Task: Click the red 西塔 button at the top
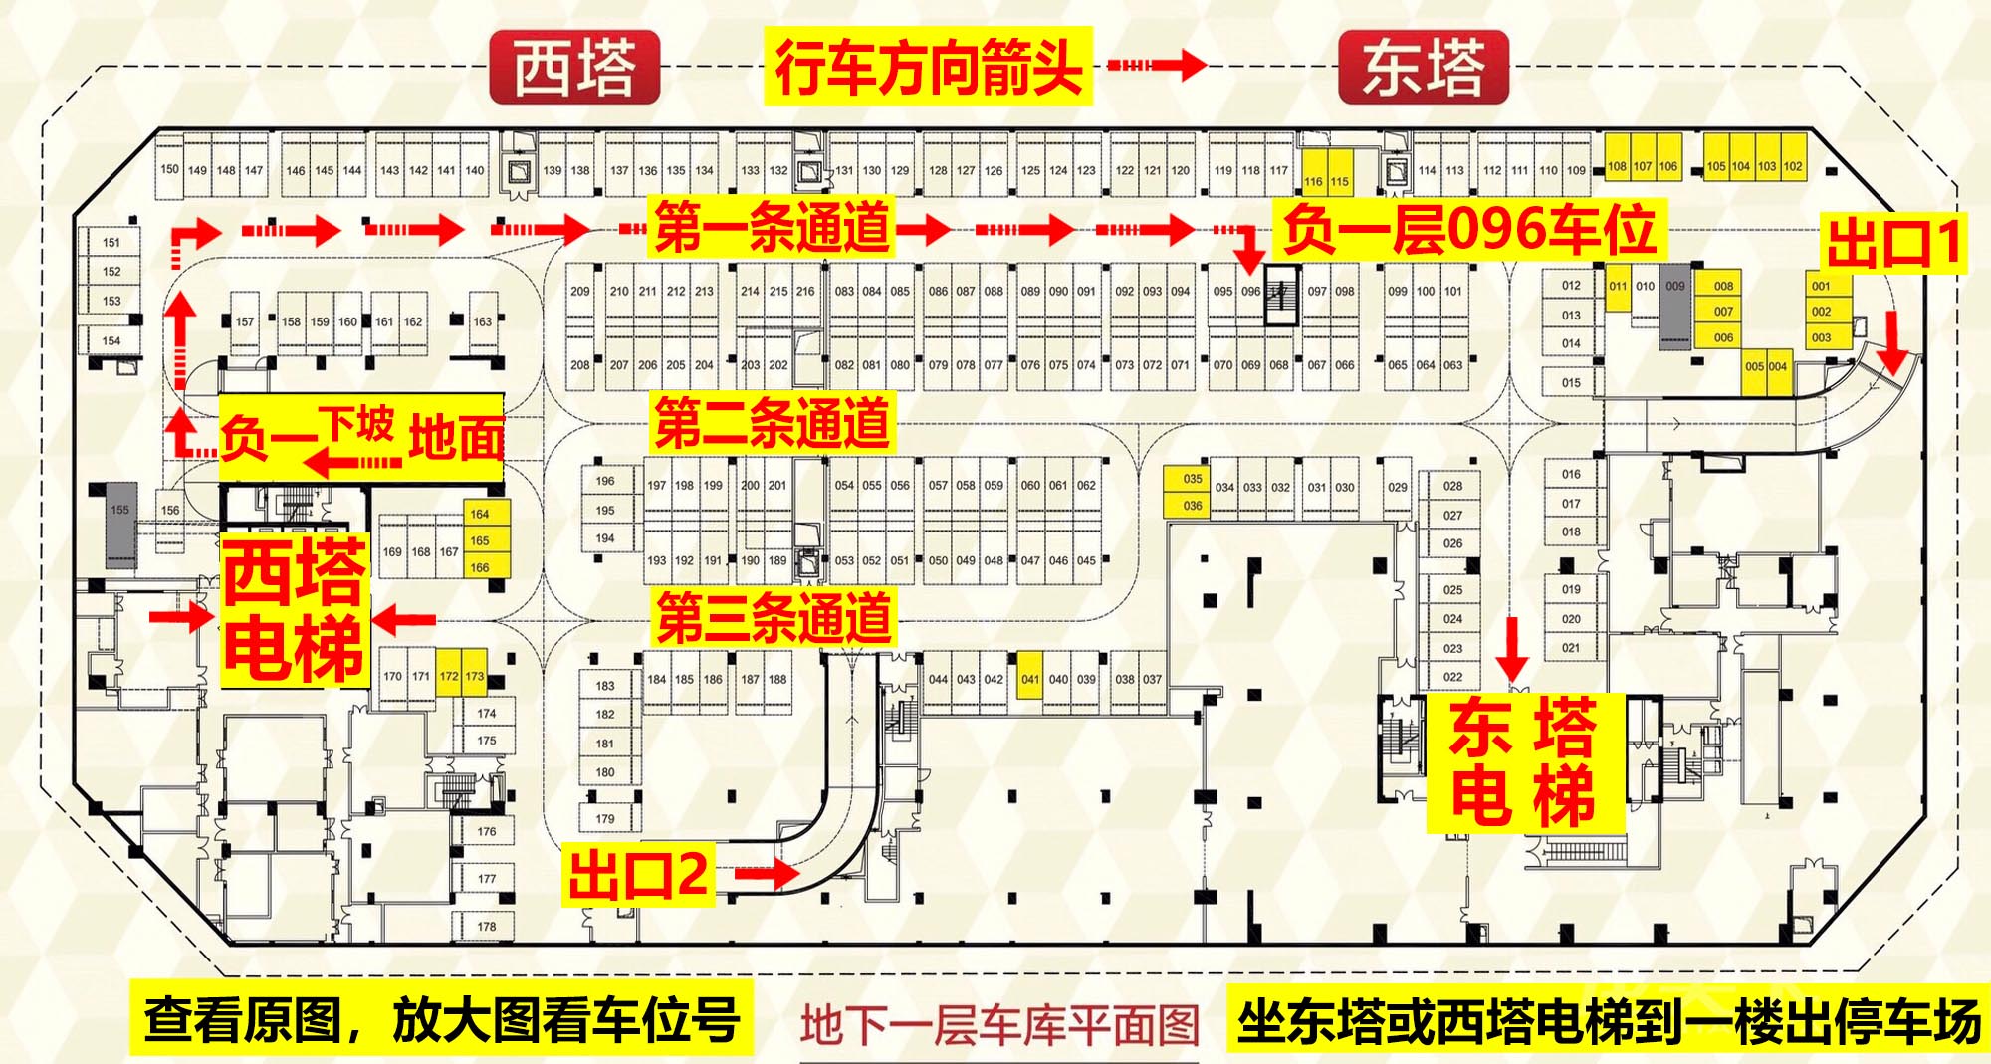574,67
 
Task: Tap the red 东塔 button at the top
1424,67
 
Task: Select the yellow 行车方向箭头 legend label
928,67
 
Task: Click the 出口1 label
1894,243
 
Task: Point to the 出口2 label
638,874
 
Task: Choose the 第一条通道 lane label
772,228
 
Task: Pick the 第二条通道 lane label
772,422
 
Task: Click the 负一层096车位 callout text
1468,229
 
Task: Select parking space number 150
170,169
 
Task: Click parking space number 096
1251,292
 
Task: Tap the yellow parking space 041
1030,680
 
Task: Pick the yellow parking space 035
1193,479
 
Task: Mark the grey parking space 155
120,510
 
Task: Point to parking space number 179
605,819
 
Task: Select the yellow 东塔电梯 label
1523,762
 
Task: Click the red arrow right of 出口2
767,875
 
